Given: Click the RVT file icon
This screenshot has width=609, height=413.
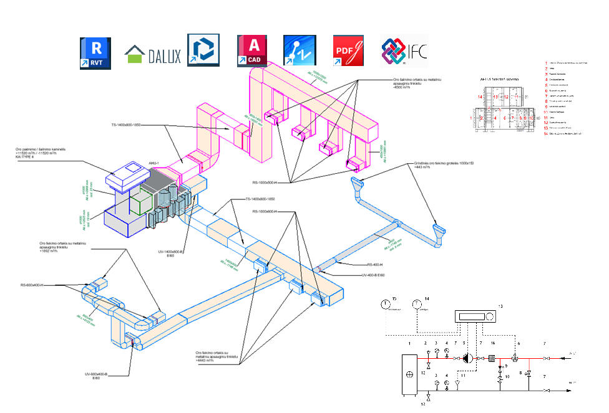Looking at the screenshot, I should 95,53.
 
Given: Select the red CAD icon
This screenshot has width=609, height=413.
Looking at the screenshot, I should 253,50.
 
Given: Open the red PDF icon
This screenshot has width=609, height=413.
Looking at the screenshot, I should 348,50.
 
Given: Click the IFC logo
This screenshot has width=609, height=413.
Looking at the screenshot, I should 404,52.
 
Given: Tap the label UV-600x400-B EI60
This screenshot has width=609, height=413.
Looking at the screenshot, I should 97,376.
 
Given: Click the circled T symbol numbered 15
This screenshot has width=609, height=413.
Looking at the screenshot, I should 385,305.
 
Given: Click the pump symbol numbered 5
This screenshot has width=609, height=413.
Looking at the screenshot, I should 468,358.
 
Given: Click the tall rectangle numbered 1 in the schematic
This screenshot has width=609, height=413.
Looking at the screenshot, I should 409,373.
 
